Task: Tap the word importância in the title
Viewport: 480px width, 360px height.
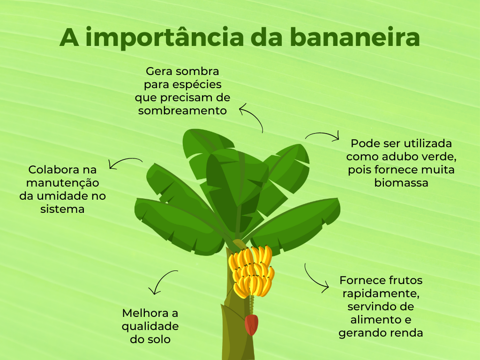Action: pyautogui.click(x=165, y=37)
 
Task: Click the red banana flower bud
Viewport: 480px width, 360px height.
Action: pyautogui.click(x=251, y=325)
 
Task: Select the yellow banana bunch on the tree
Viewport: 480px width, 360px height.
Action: pyautogui.click(x=251, y=272)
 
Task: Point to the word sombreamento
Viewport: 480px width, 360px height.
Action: pyautogui.click(x=182, y=111)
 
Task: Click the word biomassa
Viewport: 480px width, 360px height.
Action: pyautogui.click(x=401, y=183)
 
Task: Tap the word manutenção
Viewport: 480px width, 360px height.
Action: pyautogui.click(x=62, y=183)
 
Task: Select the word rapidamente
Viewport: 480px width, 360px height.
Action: pyautogui.click(x=381, y=294)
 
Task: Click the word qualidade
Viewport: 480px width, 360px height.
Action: pyautogui.click(x=150, y=326)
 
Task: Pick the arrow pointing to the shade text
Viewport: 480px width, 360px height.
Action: pyautogui.click(x=255, y=113)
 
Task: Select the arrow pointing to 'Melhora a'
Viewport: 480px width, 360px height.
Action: pyautogui.click(x=161, y=279)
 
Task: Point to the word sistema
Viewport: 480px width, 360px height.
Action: pyautogui.click(x=62, y=209)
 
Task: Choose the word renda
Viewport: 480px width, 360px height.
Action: pyautogui.click(x=407, y=333)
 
